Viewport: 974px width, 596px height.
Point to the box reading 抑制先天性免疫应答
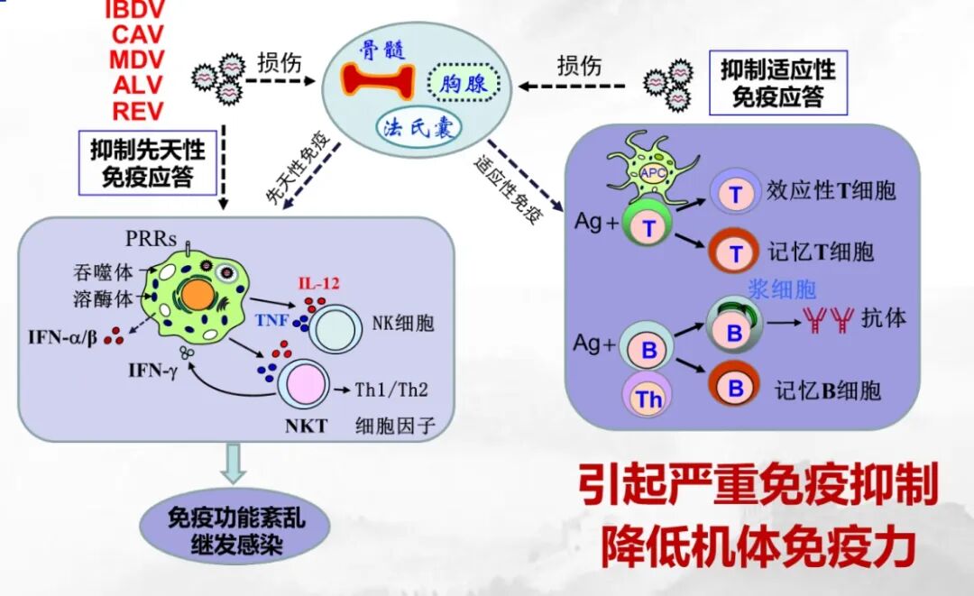pos(154,161)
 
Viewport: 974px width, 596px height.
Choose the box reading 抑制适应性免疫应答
pos(777,82)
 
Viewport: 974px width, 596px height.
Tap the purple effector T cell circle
pos(735,193)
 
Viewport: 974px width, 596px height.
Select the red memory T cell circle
pos(735,250)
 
